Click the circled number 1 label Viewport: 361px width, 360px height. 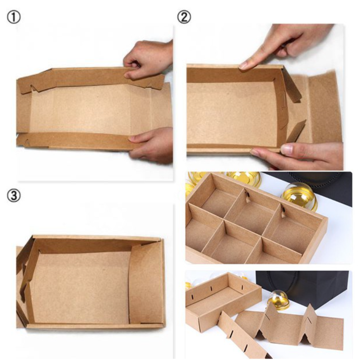14,17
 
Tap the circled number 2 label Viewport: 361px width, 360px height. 184,17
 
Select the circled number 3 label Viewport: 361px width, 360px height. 14,196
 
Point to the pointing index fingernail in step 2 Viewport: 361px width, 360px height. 243,65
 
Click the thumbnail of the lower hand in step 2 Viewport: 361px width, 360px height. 287,149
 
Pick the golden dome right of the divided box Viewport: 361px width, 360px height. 299,196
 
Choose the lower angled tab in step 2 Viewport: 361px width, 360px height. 296,131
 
